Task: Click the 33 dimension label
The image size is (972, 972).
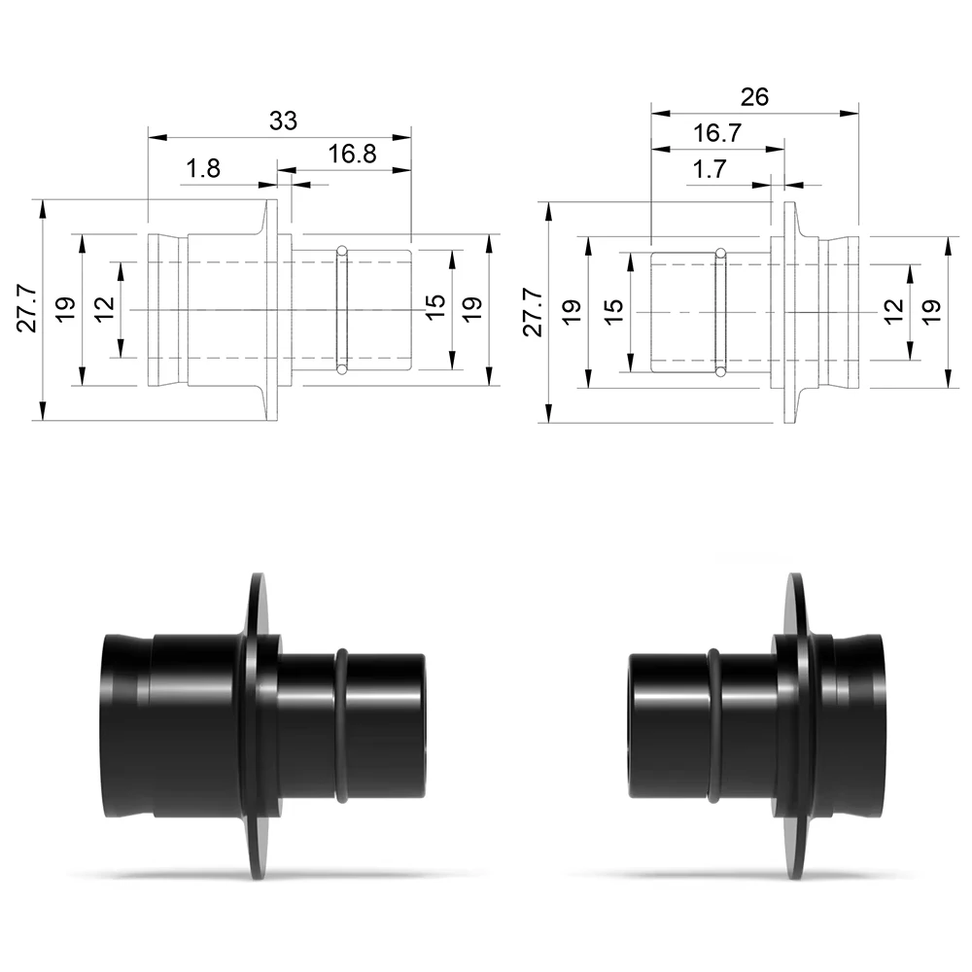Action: pyautogui.click(x=283, y=121)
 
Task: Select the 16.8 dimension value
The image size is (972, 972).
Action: pyautogui.click(x=352, y=154)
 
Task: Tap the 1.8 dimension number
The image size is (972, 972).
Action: pyautogui.click(x=203, y=168)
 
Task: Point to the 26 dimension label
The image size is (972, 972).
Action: pyautogui.click(x=754, y=96)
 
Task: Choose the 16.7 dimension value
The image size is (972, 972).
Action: pyautogui.click(x=717, y=132)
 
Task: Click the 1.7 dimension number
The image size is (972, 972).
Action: pyautogui.click(x=710, y=168)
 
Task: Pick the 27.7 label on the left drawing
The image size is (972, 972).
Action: pyautogui.click(x=27, y=309)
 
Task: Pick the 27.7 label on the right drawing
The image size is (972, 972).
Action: pyautogui.click(x=534, y=312)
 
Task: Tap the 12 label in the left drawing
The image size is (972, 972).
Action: pyautogui.click(x=105, y=308)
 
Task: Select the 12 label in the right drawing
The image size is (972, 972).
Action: pyautogui.click(x=893, y=311)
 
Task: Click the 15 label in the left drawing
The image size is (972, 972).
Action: pyautogui.click(x=435, y=306)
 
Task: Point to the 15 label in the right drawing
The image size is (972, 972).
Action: pyautogui.click(x=613, y=311)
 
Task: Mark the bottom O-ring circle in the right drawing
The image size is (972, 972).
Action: pyautogui.click(x=720, y=372)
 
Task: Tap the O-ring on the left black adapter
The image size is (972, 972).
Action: pyautogui.click(x=341, y=725)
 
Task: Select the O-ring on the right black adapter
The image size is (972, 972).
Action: pyautogui.click(x=713, y=725)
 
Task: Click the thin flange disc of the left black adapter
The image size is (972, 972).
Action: pyautogui.click(x=260, y=725)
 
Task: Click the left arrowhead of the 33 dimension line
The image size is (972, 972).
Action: pyautogui.click(x=157, y=137)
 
